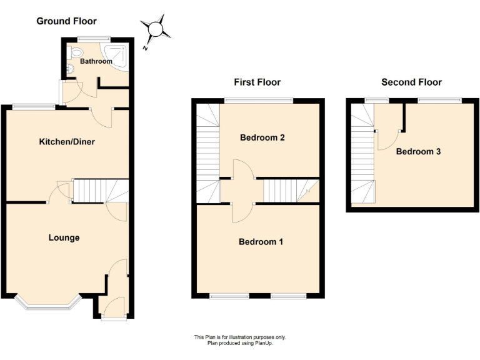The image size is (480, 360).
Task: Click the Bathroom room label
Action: pos(96,62)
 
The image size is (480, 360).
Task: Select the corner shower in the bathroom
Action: pos(117,53)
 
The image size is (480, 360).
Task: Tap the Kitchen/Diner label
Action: pos(67,142)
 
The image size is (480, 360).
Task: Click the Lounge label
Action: pos(64,237)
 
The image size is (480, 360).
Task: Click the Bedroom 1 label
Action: pos(261,241)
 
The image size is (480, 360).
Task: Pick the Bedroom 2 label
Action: pos(262,137)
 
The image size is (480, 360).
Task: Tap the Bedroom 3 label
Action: pos(418,151)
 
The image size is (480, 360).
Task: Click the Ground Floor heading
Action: pos(67,21)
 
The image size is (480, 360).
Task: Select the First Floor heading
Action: pos(257,82)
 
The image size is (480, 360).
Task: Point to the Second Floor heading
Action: pos(411,82)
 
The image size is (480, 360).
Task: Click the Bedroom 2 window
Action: pos(259,101)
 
